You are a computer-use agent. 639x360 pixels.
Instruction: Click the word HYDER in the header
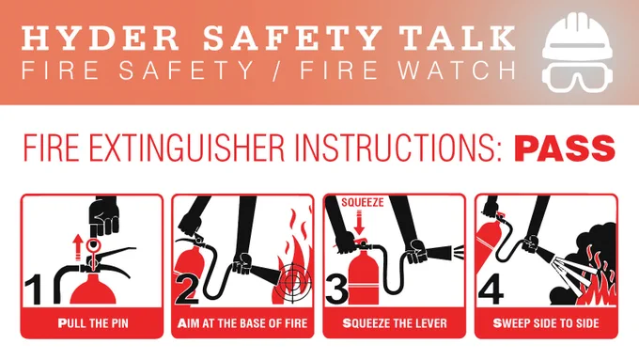click(x=100, y=38)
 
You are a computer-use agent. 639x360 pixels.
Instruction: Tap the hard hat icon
click(x=578, y=36)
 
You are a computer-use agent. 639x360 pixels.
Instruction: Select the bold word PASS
click(x=565, y=148)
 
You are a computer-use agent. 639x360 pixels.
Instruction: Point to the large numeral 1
click(x=34, y=290)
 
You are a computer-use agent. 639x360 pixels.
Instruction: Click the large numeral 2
click(x=187, y=290)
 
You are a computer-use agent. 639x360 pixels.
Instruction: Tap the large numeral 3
click(x=337, y=290)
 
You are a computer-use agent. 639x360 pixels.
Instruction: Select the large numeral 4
click(x=491, y=290)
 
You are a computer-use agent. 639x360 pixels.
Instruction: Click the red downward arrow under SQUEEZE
click(x=359, y=223)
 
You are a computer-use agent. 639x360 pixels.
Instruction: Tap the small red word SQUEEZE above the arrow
click(x=363, y=202)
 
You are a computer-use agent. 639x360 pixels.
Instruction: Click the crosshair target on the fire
click(x=292, y=282)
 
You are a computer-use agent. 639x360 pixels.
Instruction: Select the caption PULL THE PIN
click(x=93, y=323)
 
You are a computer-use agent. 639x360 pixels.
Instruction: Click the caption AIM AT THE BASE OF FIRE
click(x=242, y=323)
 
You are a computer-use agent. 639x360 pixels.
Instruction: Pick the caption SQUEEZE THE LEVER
click(x=395, y=323)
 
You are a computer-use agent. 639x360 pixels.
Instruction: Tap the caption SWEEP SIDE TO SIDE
click(x=546, y=323)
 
